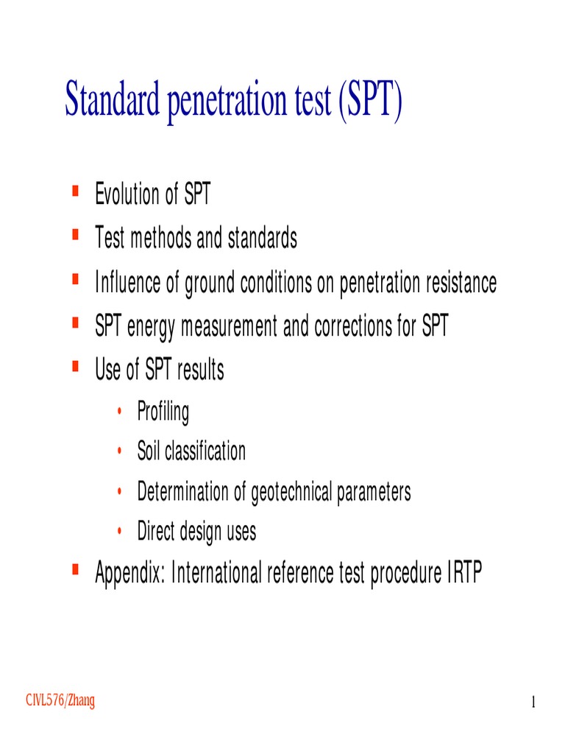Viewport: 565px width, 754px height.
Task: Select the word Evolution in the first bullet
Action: click(127, 195)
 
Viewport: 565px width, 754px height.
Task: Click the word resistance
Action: click(455, 283)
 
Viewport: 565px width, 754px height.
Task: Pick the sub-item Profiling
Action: click(163, 412)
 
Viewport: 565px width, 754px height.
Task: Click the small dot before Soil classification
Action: click(119, 452)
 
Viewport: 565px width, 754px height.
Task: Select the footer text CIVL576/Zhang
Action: click(60, 701)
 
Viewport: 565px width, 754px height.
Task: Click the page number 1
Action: click(533, 703)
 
